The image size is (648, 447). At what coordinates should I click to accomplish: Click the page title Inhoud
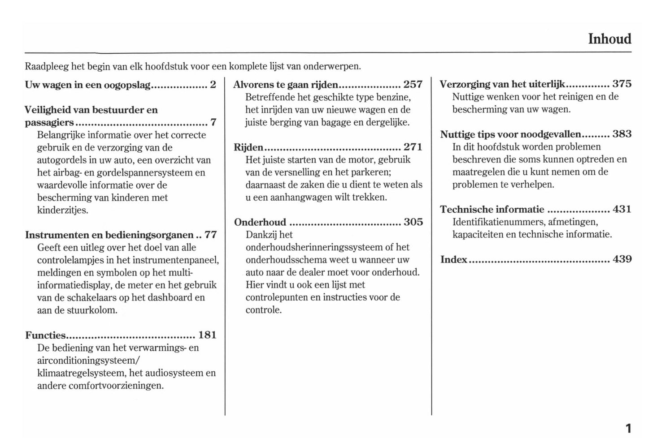[x=609, y=39]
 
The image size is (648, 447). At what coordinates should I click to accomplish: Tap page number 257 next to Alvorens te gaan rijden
[x=413, y=84]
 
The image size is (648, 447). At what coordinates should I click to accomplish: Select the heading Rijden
[x=248, y=147]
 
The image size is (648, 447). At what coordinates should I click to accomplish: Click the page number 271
[x=413, y=147]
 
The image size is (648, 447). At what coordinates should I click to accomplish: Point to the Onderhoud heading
[x=260, y=222]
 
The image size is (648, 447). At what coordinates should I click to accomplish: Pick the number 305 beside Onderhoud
[x=413, y=222]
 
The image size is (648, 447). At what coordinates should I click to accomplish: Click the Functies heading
[x=45, y=335]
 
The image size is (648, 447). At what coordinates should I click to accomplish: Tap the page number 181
[x=207, y=335]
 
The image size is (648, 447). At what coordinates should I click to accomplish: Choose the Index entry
[x=453, y=259]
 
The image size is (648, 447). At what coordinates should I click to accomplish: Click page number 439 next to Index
[x=622, y=259]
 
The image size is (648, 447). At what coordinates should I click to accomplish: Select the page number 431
[x=622, y=209]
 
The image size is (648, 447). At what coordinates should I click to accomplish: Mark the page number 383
[x=622, y=134]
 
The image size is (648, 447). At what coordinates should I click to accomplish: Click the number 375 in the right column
[x=622, y=84]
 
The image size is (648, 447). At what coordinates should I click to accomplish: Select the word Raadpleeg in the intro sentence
[x=47, y=67]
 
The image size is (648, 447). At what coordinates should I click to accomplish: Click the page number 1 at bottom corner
[x=628, y=429]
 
